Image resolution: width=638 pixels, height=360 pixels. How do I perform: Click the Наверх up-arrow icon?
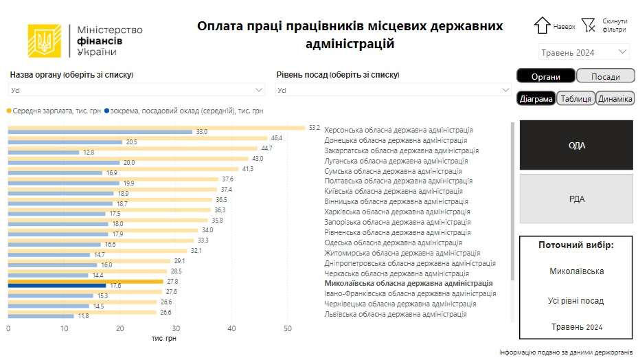tap(543, 25)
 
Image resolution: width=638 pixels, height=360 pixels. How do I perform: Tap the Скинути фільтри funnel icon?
tap(588, 25)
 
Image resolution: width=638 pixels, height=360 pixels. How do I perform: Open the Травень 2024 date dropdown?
tap(584, 52)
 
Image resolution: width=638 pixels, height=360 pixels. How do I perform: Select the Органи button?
tap(545, 76)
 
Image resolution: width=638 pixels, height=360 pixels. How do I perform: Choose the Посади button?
tap(605, 76)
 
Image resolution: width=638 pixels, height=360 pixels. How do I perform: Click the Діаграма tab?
tap(536, 99)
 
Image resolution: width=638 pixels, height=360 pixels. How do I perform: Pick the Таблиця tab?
tap(576, 99)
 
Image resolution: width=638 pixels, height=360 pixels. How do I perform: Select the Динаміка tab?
tap(615, 99)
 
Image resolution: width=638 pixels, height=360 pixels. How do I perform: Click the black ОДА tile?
tap(576, 146)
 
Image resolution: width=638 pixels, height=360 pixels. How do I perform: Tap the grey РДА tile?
tap(576, 199)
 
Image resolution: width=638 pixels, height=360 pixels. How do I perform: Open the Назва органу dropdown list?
tap(137, 90)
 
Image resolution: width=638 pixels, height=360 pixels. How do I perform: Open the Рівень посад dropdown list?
tap(394, 90)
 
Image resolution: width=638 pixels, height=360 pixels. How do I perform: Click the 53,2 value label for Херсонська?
tap(315, 127)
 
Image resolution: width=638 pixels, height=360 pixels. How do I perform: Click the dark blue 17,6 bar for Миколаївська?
tap(57, 285)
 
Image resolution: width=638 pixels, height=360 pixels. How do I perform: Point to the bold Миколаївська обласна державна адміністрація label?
tap(408, 283)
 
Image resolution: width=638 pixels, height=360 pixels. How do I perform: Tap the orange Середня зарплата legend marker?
tap(9, 110)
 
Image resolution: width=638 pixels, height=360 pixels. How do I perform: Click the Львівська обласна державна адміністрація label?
tap(395, 314)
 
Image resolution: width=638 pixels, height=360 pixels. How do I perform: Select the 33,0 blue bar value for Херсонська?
tap(202, 132)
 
